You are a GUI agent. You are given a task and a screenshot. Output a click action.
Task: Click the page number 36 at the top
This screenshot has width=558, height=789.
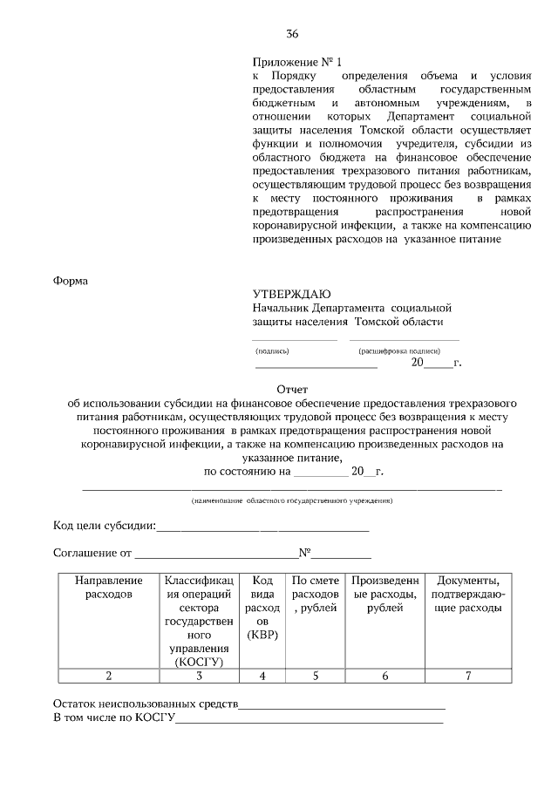[x=292, y=34]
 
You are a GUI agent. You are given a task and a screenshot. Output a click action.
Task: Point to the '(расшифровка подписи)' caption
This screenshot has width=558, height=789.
[x=405, y=350]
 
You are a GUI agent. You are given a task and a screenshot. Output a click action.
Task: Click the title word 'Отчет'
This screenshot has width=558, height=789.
[x=292, y=389]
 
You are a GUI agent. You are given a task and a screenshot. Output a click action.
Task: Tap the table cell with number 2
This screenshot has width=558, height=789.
[x=109, y=675]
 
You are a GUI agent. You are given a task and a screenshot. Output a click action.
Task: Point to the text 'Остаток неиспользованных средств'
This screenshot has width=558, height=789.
[x=145, y=704]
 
